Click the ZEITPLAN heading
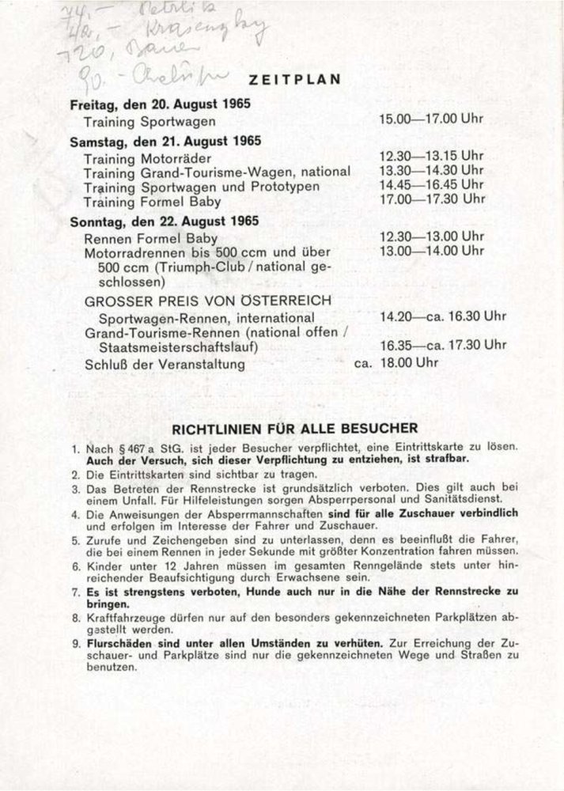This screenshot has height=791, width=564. [x=294, y=78]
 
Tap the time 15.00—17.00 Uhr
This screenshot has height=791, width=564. [x=431, y=120]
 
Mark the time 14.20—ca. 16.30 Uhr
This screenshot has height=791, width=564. [x=442, y=316]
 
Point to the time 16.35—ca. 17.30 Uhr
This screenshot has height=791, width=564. [x=442, y=346]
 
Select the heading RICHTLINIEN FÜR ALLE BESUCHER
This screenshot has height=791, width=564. [x=297, y=430]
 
